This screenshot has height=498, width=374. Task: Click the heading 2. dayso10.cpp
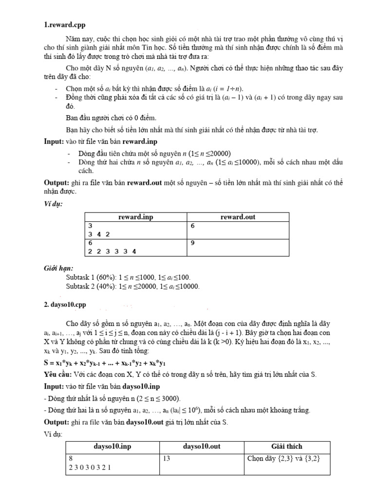coord(65,305)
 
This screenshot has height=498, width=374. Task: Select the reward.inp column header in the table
coord(136,217)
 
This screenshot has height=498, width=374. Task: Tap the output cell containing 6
coord(193,226)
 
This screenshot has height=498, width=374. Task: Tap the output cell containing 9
coord(193,243)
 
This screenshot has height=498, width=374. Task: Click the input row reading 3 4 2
coord(99,234)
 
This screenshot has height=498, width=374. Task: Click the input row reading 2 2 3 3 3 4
coord(112,251)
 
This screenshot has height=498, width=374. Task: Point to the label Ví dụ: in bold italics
coord(52,203)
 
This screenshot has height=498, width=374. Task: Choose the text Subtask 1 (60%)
coord(89,277)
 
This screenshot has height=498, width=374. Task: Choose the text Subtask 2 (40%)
coord(89,286)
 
